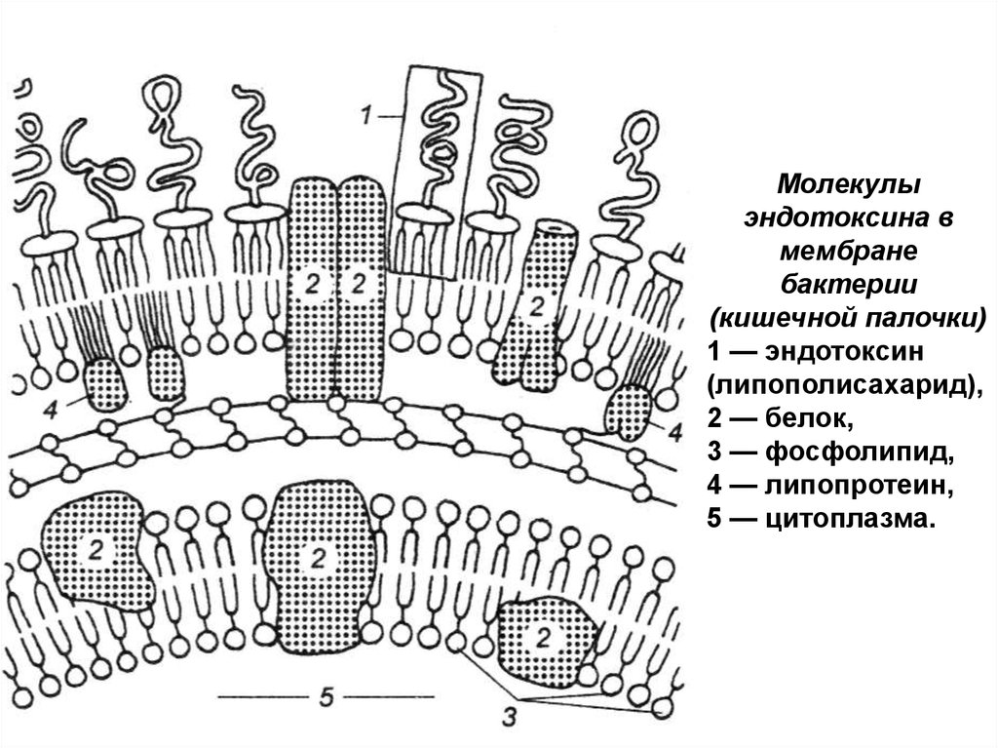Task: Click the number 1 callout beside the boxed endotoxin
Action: tap(365, 116)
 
